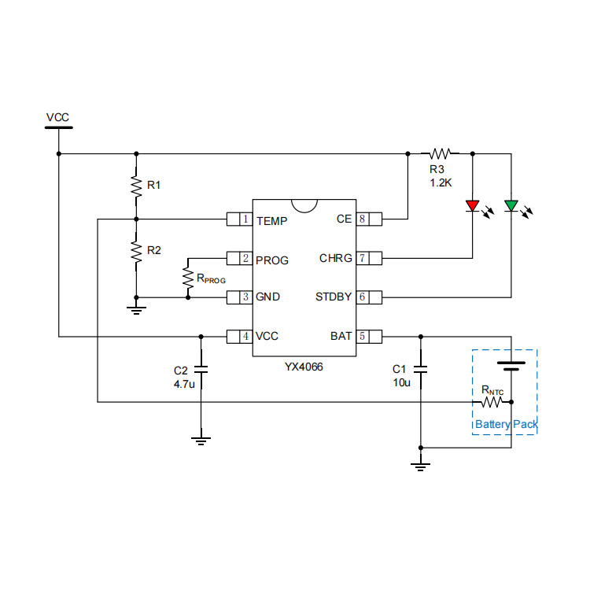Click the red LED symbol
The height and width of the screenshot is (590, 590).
point(472,206)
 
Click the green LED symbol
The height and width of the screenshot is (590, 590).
point(511,206)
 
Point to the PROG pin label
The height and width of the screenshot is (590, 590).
point(272,259)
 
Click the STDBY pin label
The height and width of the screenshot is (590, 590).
point(334,297)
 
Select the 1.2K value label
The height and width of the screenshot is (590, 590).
point(441,183)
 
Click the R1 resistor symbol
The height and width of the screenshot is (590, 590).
point(136,186)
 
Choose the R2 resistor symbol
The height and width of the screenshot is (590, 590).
point(136,251)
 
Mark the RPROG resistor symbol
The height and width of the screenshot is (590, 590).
point(188,277)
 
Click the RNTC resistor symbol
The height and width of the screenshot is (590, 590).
point(492,402)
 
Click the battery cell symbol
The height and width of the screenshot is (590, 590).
point(511,365)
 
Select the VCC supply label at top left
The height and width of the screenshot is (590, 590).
point(57,118)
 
